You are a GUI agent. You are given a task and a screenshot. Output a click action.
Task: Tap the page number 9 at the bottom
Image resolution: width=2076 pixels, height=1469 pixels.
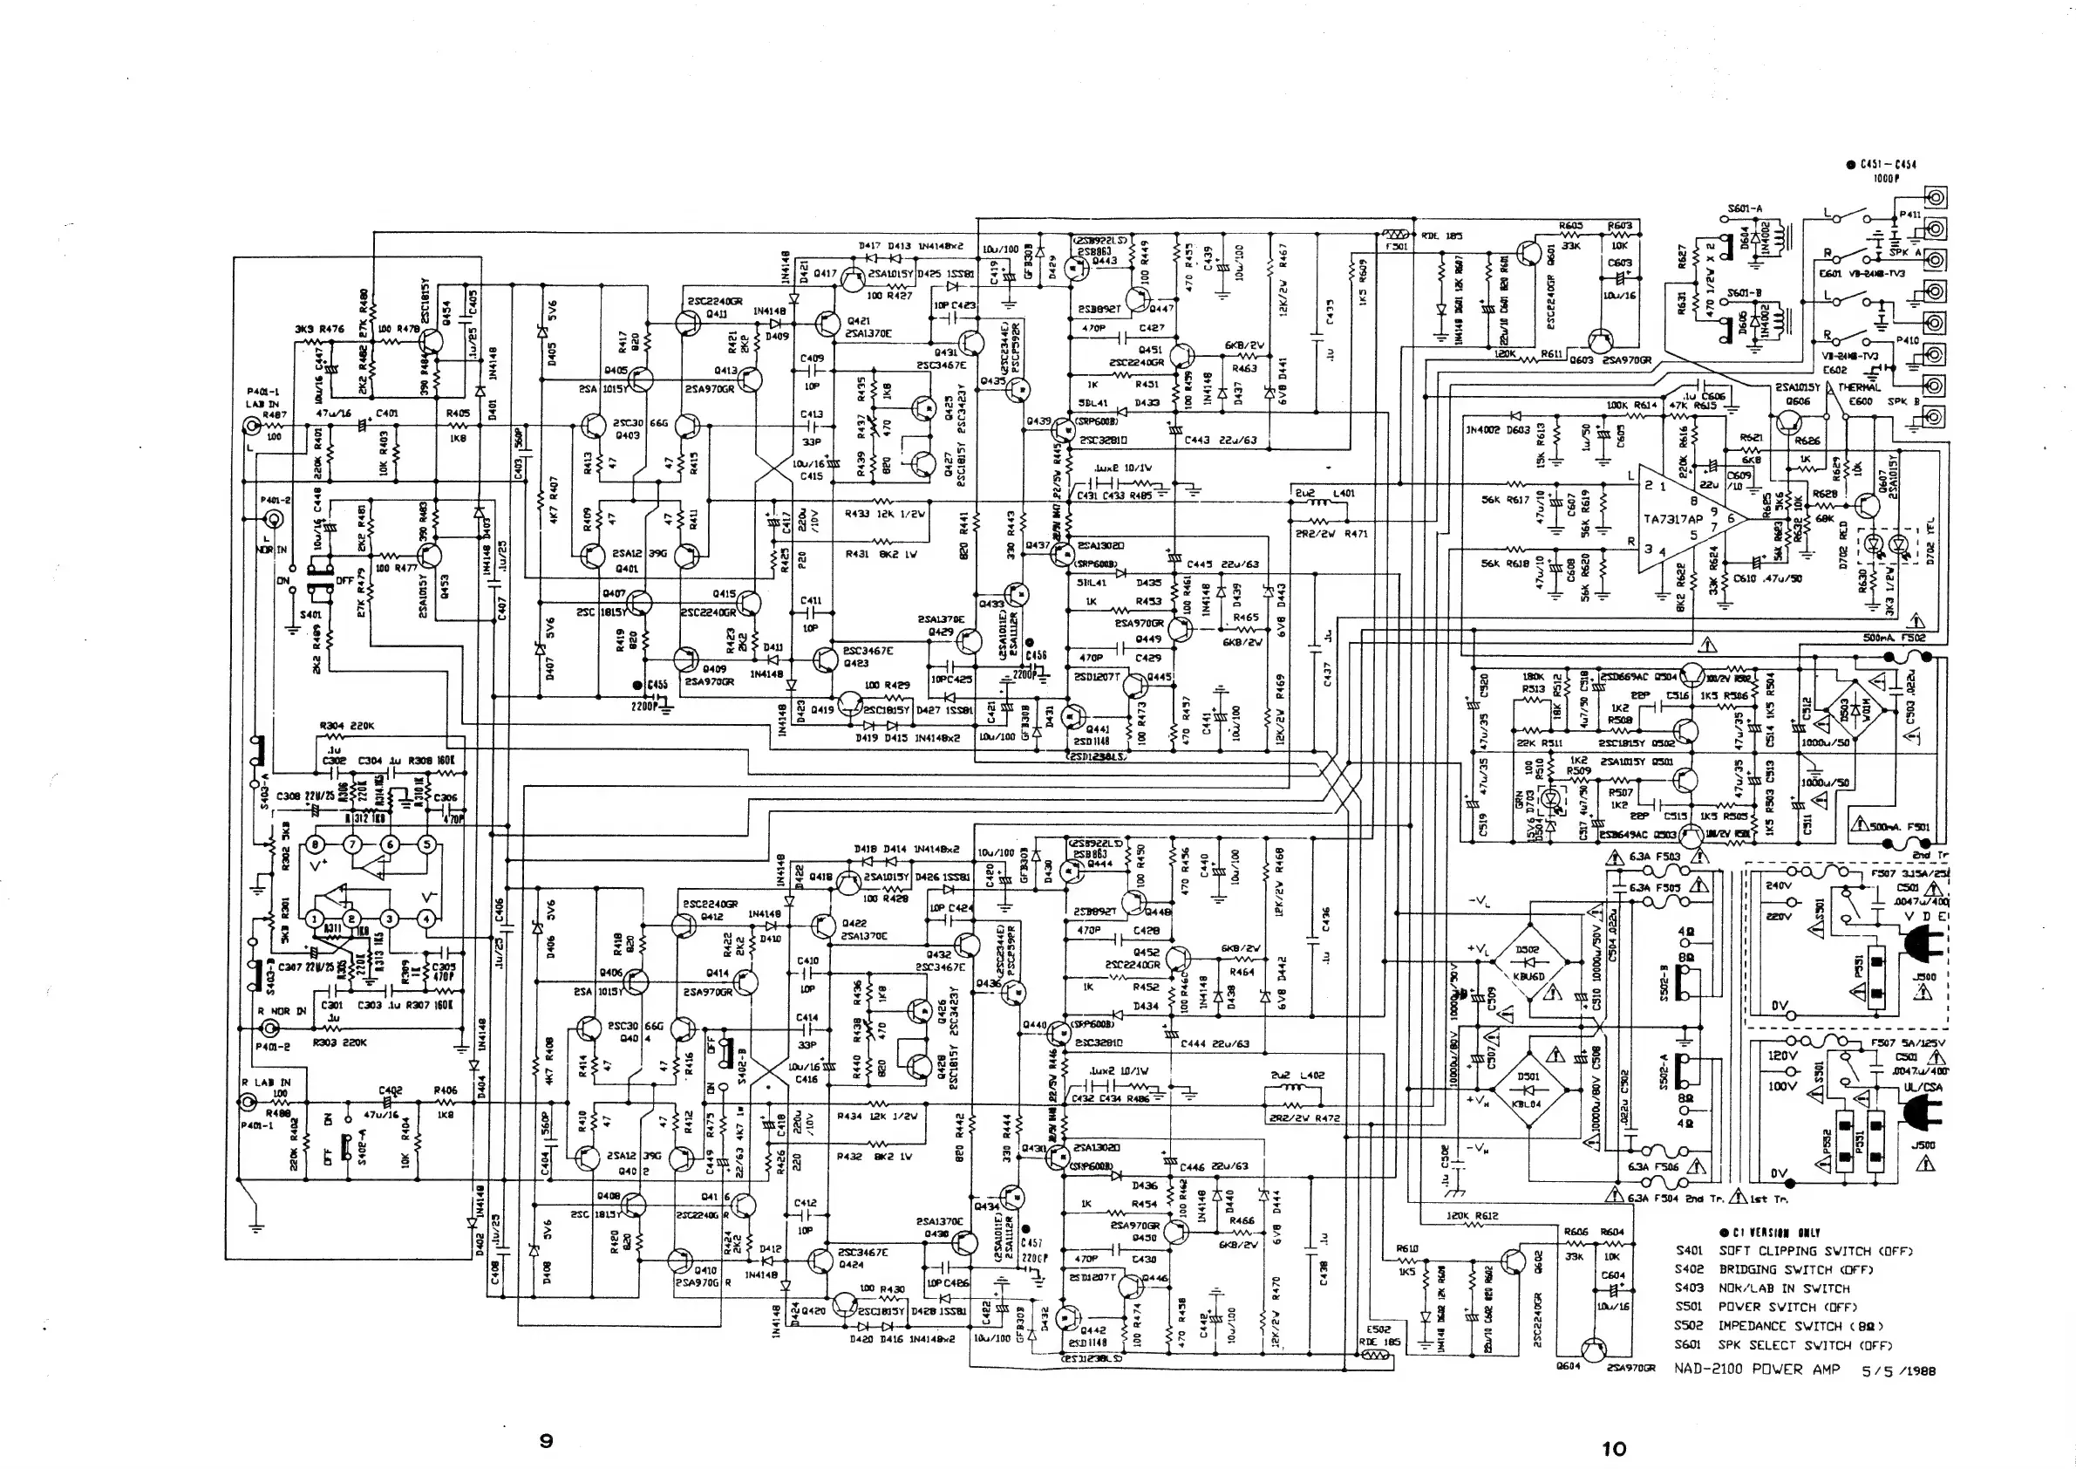coord(545,1440)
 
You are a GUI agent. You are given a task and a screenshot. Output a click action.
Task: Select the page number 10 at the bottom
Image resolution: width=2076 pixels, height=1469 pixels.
coord(1613,1448)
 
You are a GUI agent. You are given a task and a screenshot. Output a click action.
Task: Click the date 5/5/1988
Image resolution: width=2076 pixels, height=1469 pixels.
coord(1899,1370)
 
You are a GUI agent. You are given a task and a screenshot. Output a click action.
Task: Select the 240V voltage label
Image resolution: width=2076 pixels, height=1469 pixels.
coord(1779,885)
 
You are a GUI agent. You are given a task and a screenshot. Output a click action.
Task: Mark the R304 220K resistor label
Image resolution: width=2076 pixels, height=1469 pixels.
coord(347,726)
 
